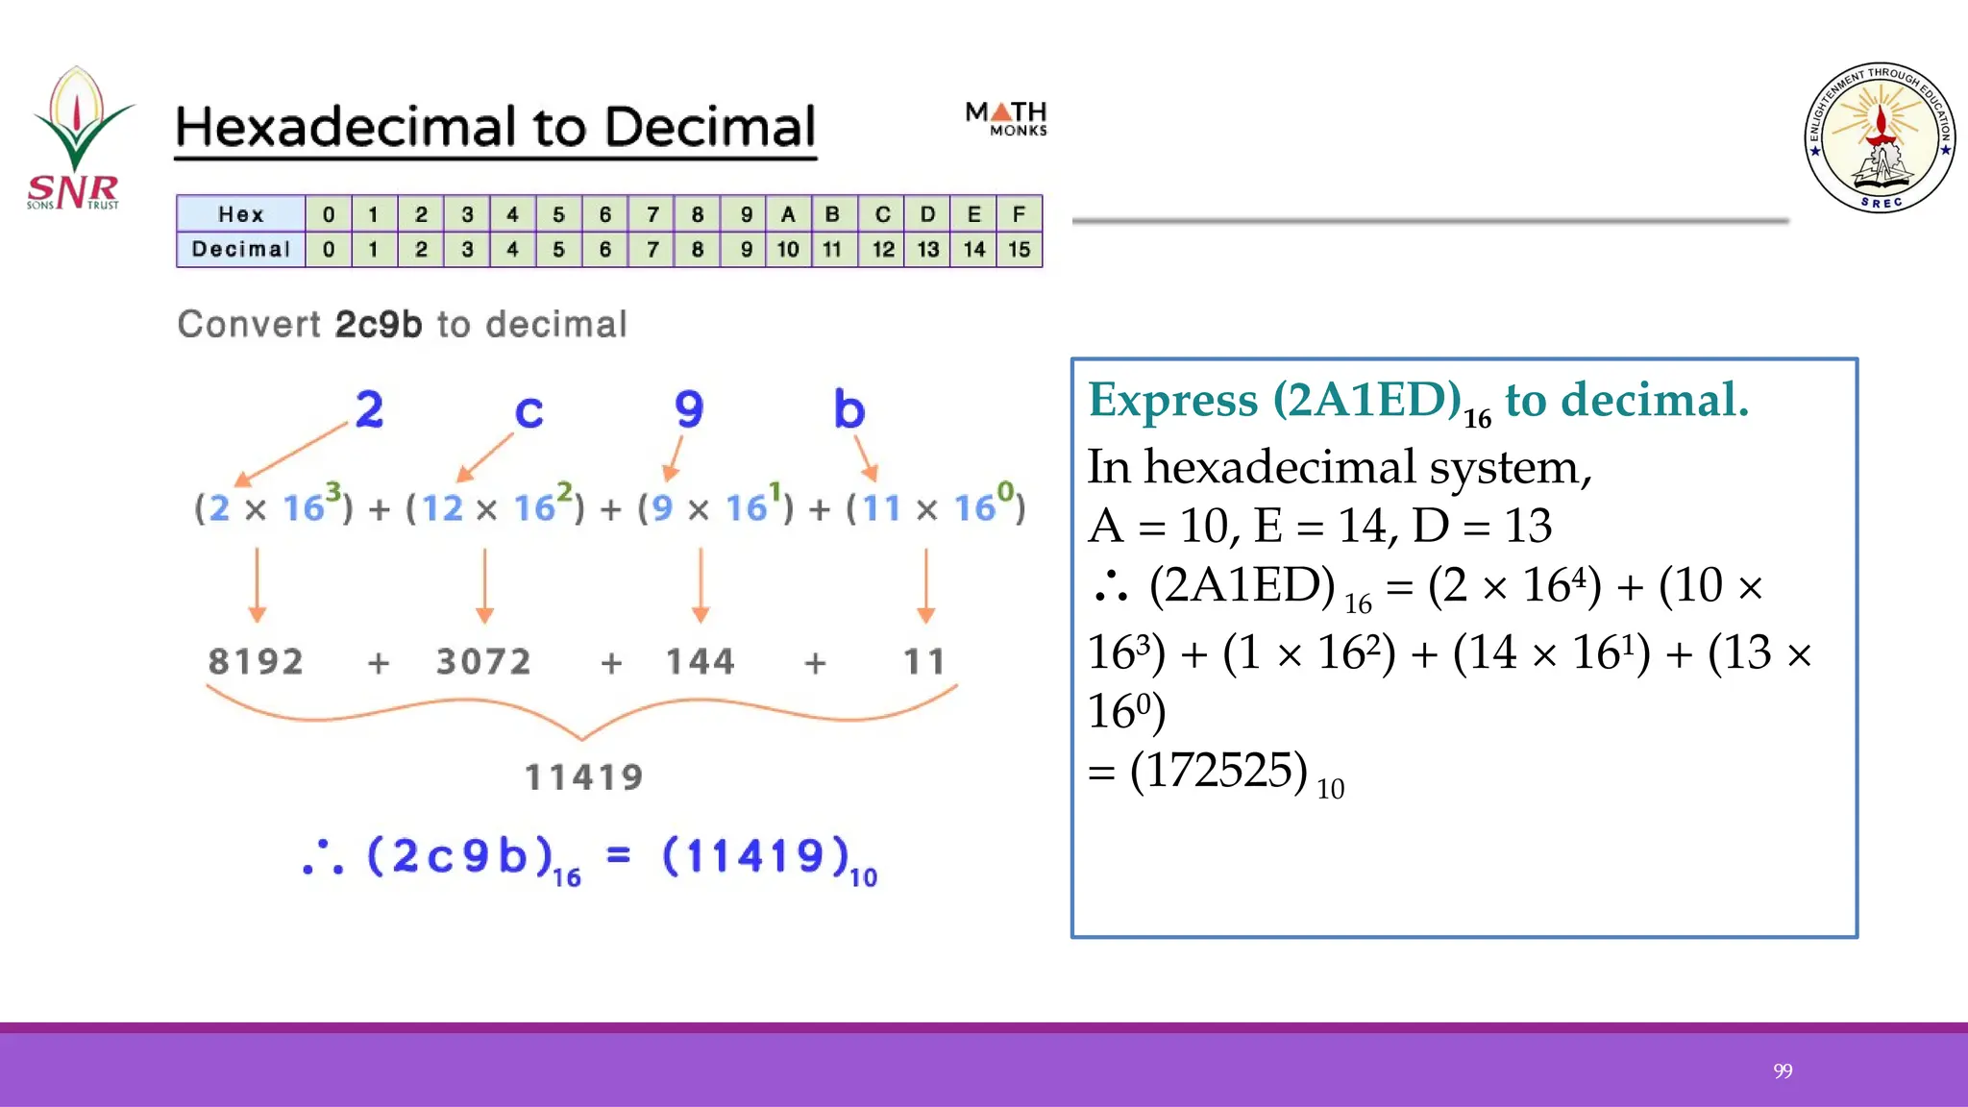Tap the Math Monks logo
tap(1006, 119)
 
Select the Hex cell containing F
tap(1020, 214)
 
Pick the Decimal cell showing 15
tap(1020, 250)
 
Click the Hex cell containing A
tap(788, 214)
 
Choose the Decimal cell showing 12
tap(882, 250)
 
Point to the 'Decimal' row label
tap(240, 250)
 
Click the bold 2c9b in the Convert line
tap(379, 325)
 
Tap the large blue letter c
tap(529, 411)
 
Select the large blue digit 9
tap(689, 409)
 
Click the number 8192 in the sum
tap(256, 662)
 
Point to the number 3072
tap(483, 662)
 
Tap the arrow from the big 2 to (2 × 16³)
tap(290, 453)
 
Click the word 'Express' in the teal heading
tap(1172, 400)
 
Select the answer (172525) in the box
tap(1218, 771)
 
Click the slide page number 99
tap(1783, 1070)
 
